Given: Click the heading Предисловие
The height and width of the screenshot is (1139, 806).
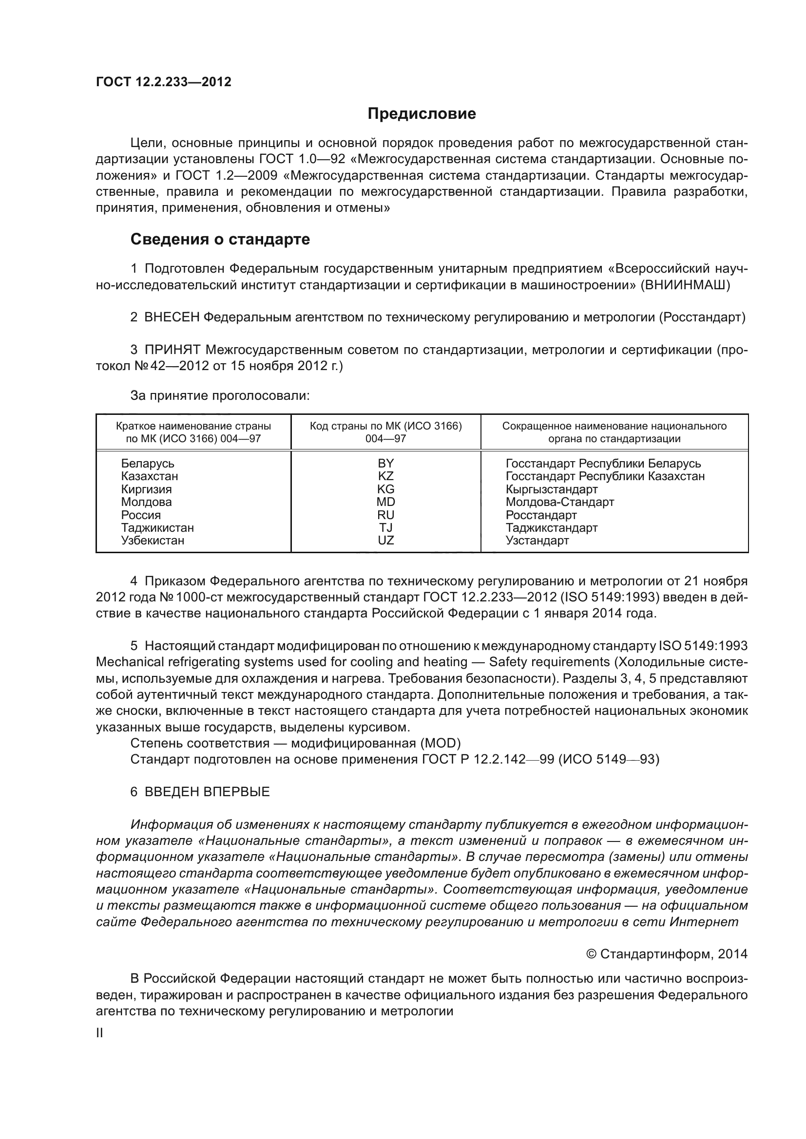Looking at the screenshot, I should [x=422, y=113].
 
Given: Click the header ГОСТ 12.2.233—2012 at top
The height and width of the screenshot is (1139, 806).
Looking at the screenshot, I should [x=164, y=82].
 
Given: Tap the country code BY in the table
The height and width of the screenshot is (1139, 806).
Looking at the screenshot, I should [x=385, y=463].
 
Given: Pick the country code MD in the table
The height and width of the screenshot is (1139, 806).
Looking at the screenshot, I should [x=385, y=502].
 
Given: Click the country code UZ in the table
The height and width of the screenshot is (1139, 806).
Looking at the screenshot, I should [x=385, y=540].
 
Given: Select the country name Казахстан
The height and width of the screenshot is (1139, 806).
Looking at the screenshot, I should [x=150, y=476].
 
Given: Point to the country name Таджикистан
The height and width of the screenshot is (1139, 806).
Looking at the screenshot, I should [x=157, y=528].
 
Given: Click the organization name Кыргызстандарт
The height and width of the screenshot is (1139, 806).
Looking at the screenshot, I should [x=552, y=489].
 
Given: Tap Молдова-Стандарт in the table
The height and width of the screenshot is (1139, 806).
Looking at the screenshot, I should [x=560, y=502].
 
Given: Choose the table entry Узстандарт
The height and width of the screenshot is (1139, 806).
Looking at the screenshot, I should [x=537, y=540].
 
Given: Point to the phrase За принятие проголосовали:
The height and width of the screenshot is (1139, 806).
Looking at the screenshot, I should [x=220, y=395].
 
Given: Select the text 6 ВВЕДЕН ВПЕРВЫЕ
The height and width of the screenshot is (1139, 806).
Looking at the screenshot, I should [x=200, y=792].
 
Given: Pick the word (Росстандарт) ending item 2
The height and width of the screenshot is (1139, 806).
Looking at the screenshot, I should [x=702, y=317].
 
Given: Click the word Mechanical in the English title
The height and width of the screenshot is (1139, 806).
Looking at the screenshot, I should [x=130, y=662].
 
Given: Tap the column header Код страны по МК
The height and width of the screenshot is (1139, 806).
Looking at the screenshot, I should [x=385, y=426].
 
